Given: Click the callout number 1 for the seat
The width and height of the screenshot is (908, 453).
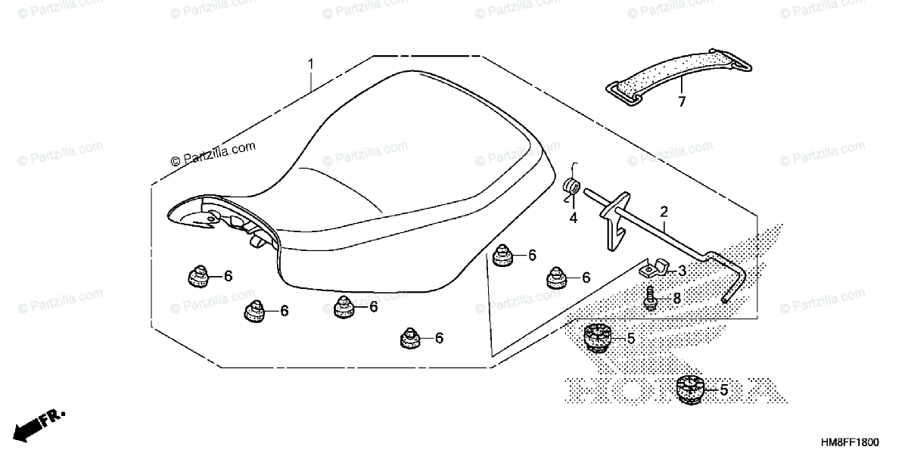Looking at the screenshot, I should (310, 64).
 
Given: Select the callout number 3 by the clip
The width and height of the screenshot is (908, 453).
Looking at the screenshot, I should (681, 271).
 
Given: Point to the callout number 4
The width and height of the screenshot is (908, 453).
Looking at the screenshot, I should (574, 218).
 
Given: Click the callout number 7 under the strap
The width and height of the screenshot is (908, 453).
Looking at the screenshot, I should (681, 101).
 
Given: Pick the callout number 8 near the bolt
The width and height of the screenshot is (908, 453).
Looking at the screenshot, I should (676, 299).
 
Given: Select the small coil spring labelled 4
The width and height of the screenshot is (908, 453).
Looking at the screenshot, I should (573, 187).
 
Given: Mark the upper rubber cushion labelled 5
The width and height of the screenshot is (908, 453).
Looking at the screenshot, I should (598, 337).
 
